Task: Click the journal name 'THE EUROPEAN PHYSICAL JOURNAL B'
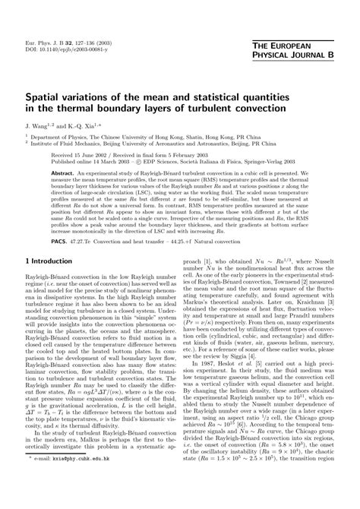[x=308, y=50]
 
